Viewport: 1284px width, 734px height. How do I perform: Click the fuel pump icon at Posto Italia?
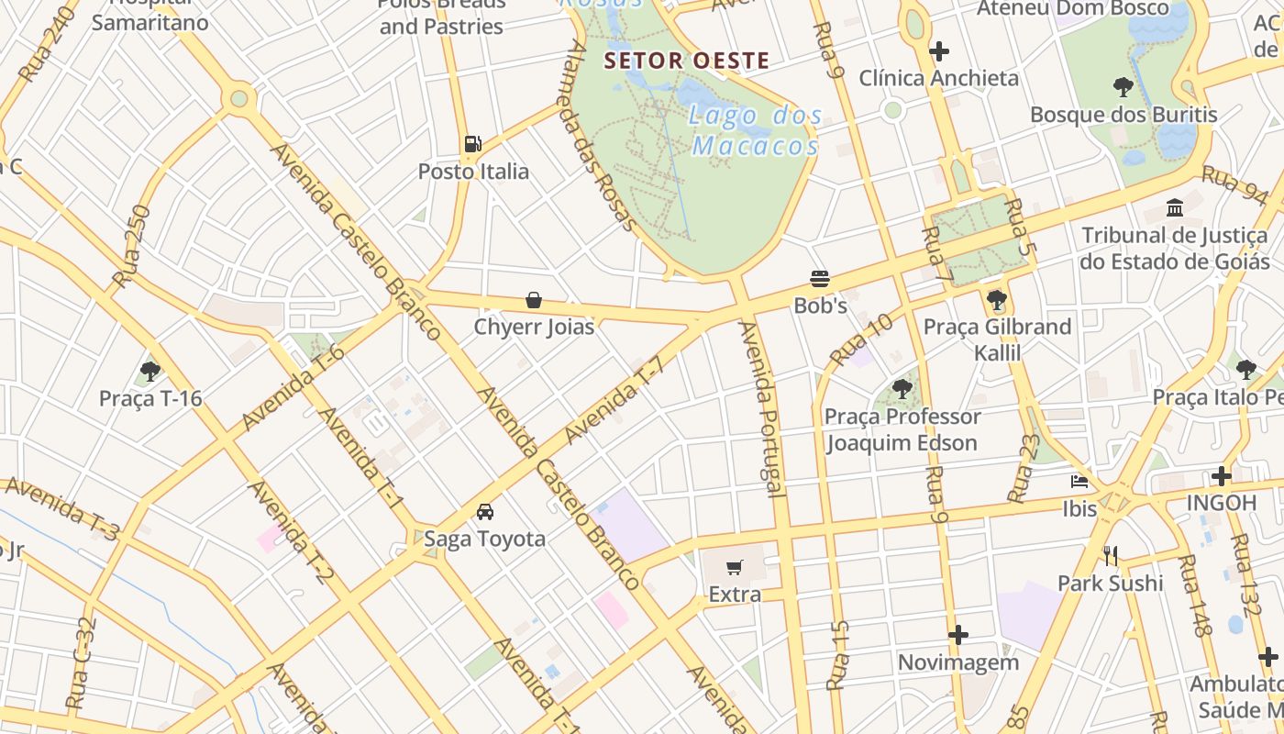472,143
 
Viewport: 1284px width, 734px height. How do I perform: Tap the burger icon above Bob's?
820,279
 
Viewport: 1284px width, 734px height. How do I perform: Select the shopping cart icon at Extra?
734,567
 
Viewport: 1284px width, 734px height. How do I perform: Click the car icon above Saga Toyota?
484,511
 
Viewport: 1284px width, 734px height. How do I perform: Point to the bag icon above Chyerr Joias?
534,299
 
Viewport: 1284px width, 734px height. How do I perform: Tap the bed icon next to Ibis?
1079,481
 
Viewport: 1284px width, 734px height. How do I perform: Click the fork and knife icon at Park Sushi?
1111,555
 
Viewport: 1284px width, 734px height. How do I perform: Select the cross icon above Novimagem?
958,635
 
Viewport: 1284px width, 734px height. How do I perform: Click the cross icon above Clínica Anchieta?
938,50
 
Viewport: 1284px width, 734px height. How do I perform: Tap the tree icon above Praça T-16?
150,372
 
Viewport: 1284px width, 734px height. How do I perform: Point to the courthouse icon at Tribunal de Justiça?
1174,207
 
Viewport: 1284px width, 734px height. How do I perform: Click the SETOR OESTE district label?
686,61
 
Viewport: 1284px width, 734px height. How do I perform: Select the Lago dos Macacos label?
756,130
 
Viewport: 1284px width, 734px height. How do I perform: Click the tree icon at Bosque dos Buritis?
1123,87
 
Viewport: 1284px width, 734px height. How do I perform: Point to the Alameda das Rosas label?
602,135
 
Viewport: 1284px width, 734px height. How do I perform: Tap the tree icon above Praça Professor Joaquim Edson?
902,388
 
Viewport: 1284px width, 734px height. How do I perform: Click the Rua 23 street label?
1024,468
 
